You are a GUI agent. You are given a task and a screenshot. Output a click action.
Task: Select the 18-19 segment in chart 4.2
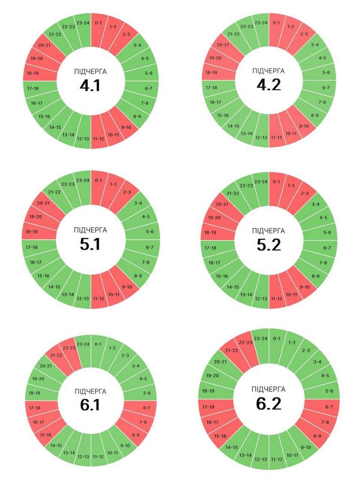click(x=211, y=72)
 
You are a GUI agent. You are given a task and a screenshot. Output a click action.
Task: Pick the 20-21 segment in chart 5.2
click(x=222, y=204)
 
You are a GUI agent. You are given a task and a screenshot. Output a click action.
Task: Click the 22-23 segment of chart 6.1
click(x=69, y=348)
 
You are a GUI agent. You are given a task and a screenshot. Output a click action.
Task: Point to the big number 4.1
click(x=90, y=85)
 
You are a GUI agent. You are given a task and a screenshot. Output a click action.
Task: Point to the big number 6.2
click(x=269, y=404)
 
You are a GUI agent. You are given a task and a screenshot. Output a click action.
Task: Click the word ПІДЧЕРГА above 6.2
click(x=269, y=390)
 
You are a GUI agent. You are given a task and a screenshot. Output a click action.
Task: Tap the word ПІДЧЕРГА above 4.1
click(x=90, y=71)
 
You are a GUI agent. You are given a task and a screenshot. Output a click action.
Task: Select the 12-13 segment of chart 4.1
click(x=83, y=139)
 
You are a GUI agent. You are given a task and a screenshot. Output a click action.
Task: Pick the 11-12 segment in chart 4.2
click(x=276, y=137)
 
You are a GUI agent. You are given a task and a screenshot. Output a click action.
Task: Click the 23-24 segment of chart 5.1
click(x=83, y=180)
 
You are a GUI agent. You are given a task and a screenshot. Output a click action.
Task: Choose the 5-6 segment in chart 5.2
click(x=327, y=233)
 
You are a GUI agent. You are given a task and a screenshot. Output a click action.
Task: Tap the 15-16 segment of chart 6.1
click(x=45, y=435)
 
